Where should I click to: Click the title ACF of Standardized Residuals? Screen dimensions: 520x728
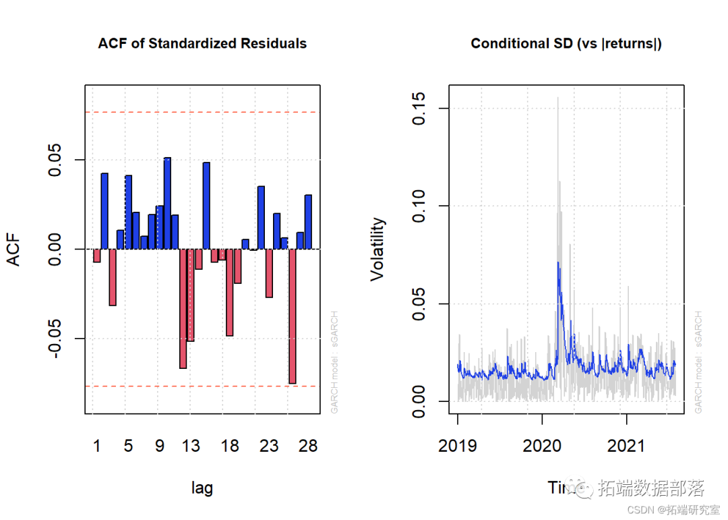pyautogui.click(x=202, y=44)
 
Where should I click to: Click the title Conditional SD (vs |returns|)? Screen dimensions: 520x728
pyautogui.click(x=566, y=44)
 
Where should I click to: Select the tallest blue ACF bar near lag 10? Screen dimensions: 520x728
pyautogui.click(x=167, y=202)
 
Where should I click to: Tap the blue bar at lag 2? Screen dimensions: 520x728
pyautogui.click(x=104, y=210)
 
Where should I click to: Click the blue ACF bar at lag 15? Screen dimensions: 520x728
pyautogui.click(x=206, y=205)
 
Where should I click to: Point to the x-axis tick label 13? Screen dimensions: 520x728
pyautogui.click(x=191, y=446)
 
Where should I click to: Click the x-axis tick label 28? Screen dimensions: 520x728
pyautogui.click(x=308, y=446)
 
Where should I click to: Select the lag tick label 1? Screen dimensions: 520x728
pyautogui.click(x=96, y=446)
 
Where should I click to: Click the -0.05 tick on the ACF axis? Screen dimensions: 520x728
pyautogui.click(x=59, y=338)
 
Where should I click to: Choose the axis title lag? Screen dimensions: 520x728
pyautogui.click(x=202, y=488)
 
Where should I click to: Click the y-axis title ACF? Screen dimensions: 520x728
pyautogui.click(x=15, y=250)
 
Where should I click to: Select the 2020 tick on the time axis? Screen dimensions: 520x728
pyautogui.click(x=542, y=446)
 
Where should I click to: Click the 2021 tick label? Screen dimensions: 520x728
pyautogui.click(x=627, y=446)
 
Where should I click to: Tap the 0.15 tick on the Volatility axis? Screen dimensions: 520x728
pyautogui.click(x=419, y=108)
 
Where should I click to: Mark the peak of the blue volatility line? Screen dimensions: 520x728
pyautogui.click(x=558, y=262)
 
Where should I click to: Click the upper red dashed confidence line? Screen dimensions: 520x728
pyautogui.click(x=202, y=112)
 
